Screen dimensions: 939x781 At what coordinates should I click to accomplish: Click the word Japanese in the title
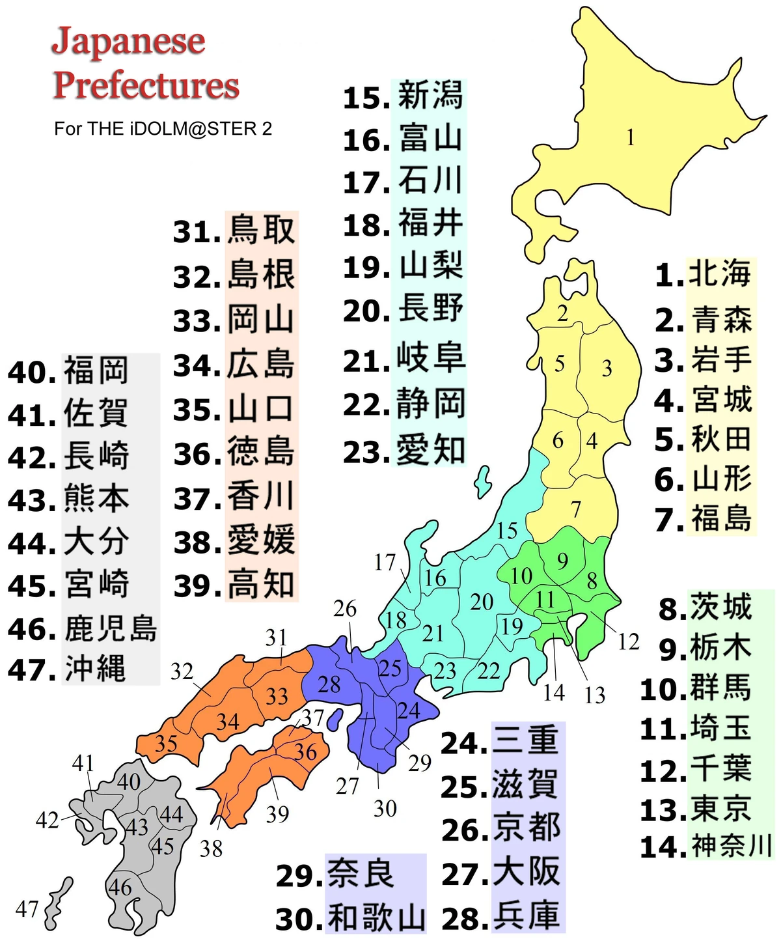point(128,42)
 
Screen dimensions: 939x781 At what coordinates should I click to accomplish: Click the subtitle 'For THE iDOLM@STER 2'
point(163,129)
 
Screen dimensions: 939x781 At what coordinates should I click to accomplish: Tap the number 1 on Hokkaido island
point(630,138)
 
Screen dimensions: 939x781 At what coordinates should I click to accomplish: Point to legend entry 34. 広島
point(234,365)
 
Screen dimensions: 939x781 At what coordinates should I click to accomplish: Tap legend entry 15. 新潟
point(404,97)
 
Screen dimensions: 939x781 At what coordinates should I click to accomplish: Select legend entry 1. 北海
point(704,274)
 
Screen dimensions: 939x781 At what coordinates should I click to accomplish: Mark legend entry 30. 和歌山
point(351,918)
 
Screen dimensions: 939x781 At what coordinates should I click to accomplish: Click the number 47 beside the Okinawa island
point(27,908)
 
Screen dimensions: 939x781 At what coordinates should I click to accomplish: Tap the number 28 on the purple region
point(329,684)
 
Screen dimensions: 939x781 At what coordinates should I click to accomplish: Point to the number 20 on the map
point(482,602)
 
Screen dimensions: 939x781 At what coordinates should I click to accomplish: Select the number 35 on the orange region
point(166,743)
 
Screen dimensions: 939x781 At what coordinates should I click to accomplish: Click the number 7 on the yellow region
point(576,509)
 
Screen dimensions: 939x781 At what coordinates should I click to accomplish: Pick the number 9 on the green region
point(562,560)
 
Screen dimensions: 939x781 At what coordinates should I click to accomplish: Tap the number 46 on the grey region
point(120,887)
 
